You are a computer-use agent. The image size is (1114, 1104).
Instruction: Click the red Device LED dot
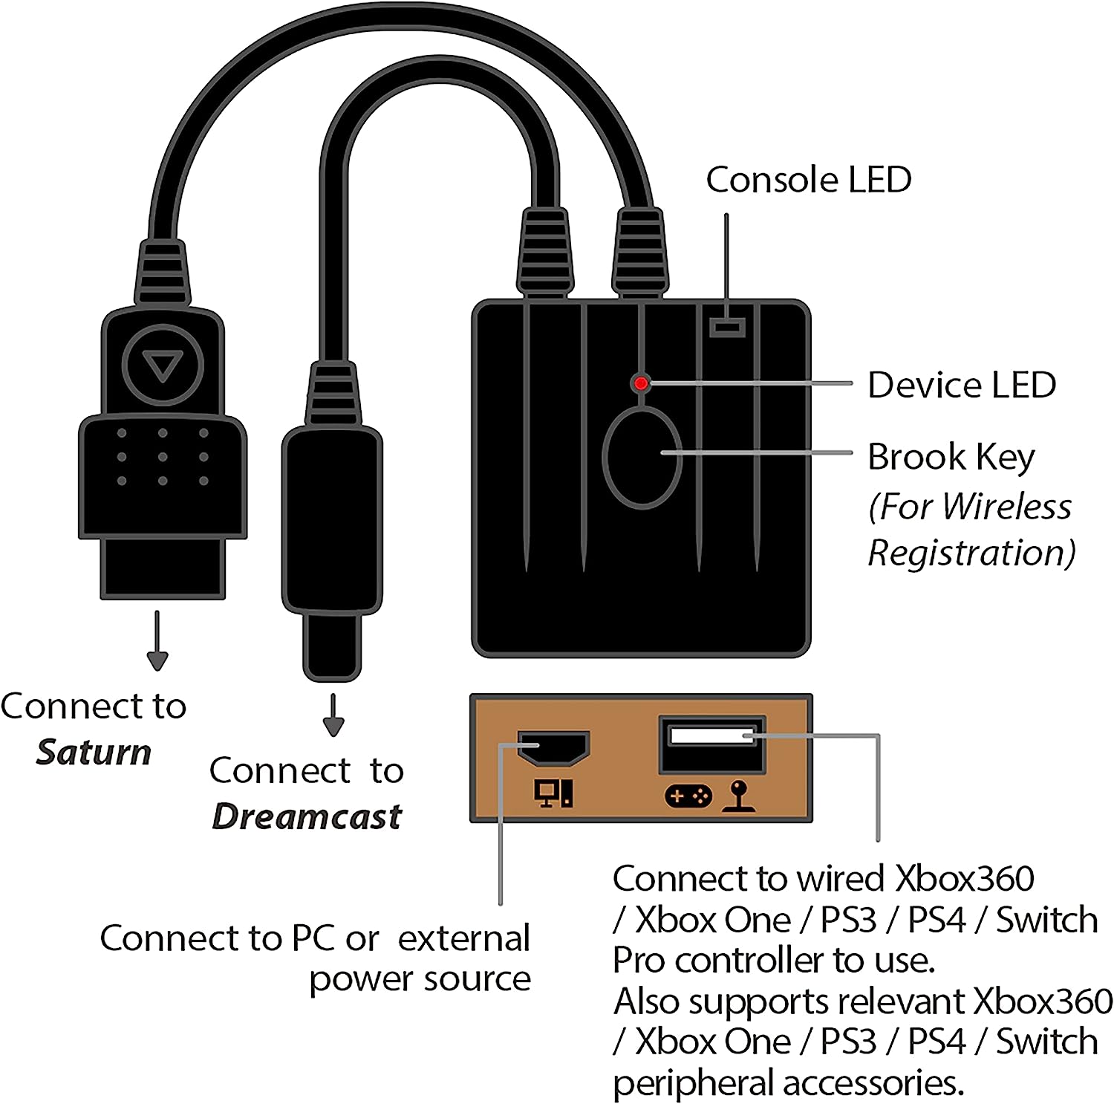641,383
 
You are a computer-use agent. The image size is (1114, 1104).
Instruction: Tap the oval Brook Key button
642,457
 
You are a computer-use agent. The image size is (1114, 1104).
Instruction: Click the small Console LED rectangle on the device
727,327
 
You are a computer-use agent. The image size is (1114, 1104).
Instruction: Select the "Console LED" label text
808,180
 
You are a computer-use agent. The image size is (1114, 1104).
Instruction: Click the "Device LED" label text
961,386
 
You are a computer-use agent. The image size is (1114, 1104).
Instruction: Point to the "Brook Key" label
951,457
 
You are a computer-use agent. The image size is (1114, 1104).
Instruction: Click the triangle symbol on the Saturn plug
163,366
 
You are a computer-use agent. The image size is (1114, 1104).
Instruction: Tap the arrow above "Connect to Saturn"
157,642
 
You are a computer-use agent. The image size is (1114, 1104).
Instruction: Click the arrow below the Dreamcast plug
333,716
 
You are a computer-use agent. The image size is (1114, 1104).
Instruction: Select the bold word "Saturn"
94,753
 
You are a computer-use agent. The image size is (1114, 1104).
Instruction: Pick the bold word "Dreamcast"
307,817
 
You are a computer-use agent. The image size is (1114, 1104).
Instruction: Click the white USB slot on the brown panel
711,736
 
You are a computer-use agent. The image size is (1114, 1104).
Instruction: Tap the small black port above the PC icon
553,748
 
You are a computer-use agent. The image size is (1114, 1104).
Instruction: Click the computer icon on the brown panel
553,793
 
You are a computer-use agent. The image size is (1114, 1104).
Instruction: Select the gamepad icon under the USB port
688,796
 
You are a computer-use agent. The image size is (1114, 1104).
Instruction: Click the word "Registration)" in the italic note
971,553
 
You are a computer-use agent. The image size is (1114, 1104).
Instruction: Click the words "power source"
420,979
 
